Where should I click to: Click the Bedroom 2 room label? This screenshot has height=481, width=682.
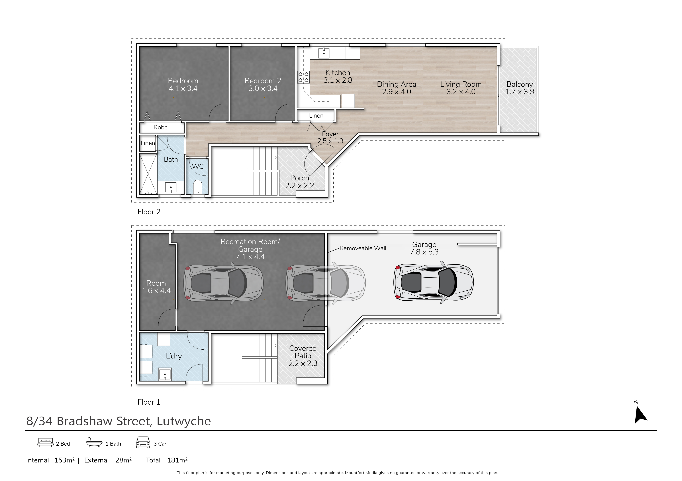[263, 81]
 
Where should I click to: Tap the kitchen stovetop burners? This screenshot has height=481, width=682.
[303, 77]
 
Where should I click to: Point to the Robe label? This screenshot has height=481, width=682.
[160, 127]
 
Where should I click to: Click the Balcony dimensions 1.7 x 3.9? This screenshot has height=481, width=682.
[520, 92]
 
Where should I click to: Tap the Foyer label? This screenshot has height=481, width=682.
[330, 134]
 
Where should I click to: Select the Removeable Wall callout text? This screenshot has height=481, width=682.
[363, 248]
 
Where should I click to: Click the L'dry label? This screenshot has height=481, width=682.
[174, 356]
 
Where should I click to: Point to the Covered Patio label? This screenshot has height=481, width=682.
[303, 352]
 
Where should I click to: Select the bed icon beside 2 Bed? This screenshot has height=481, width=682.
[45, 442]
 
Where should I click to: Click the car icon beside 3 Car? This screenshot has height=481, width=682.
[143, 442]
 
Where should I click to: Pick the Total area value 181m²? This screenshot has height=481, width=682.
[177, 460]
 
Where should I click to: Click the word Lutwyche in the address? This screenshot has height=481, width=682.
[184, 421]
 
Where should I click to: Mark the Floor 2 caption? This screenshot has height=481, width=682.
[149, 212]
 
